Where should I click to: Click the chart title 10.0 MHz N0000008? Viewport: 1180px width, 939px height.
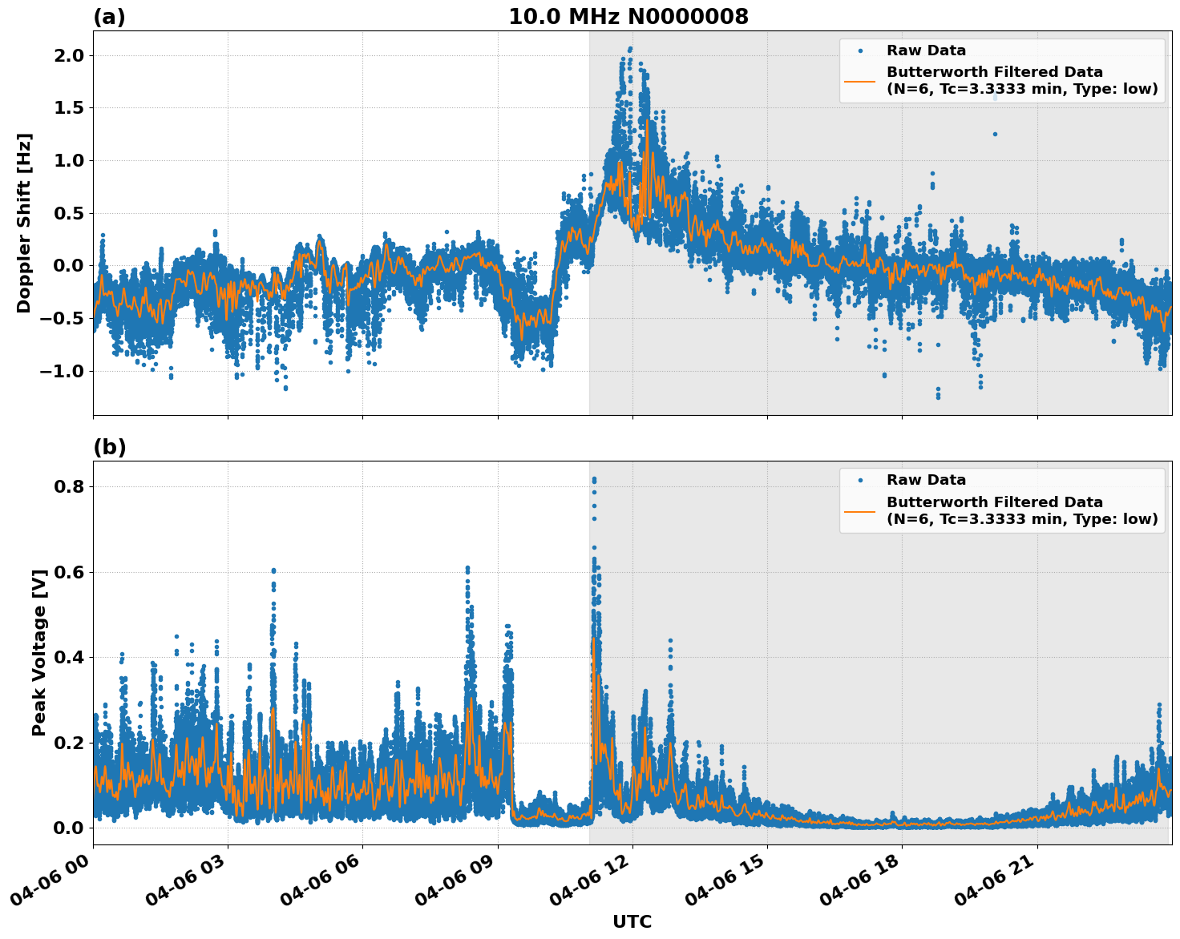[628, 17]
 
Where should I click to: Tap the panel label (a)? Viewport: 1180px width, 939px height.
[109, 17]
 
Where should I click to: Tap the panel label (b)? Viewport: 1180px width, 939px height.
[109, 447]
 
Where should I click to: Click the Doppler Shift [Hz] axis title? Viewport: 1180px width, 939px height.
[24, 223]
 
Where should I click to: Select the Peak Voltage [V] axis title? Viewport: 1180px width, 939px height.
[39, 652]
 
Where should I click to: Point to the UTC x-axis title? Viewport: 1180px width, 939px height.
[632, 921]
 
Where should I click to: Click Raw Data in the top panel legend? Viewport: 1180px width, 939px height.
[926, 50]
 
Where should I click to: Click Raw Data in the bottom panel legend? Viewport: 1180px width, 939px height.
[926, 480]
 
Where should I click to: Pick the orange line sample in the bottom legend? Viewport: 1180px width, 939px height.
[860, 510]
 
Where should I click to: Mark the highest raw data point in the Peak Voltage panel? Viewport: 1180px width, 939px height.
[594, 479]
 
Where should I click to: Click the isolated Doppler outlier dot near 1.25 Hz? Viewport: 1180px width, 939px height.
[995, 134]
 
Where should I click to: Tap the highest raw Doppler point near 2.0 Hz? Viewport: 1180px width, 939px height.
[630, 48]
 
